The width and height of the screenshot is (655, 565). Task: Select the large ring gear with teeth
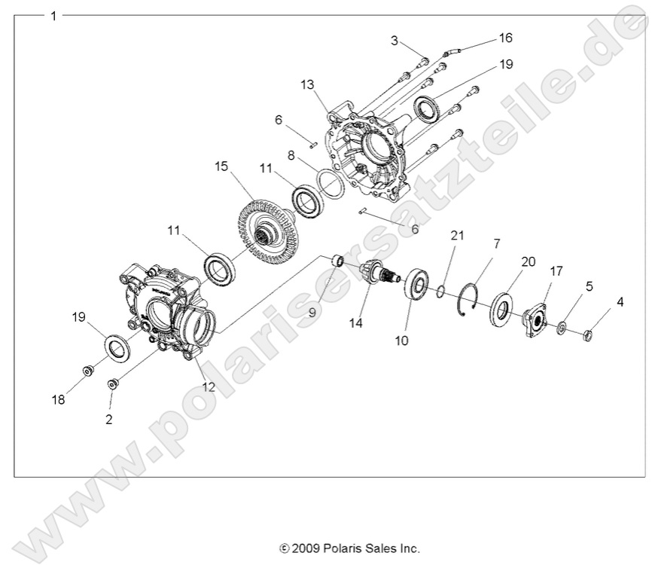[x=268, y=226]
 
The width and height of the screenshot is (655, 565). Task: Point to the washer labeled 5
[x=562, y=328]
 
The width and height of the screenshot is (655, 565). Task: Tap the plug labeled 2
[x=114, y=384]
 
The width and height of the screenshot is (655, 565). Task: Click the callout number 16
[x=505, y=37]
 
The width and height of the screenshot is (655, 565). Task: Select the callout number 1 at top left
[x=53, y=15]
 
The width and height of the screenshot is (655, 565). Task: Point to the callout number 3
[x=394, y=41]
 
